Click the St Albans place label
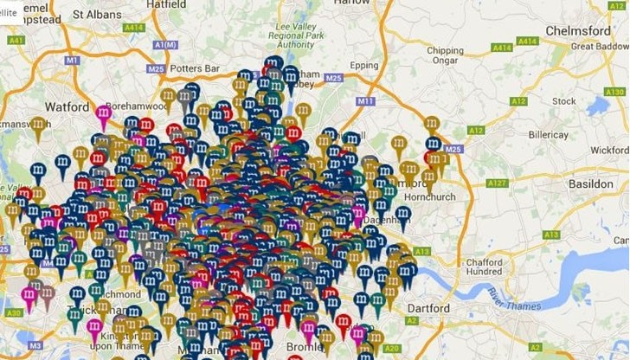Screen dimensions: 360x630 97,14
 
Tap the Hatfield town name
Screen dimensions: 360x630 166,4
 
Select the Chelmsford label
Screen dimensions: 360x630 578,31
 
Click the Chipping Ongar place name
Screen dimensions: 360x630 445,56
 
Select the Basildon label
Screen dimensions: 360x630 590,184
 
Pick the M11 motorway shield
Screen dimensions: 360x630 364,101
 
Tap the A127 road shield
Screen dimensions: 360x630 497,183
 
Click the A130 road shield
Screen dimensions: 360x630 615,92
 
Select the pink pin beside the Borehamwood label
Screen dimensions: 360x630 104,113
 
